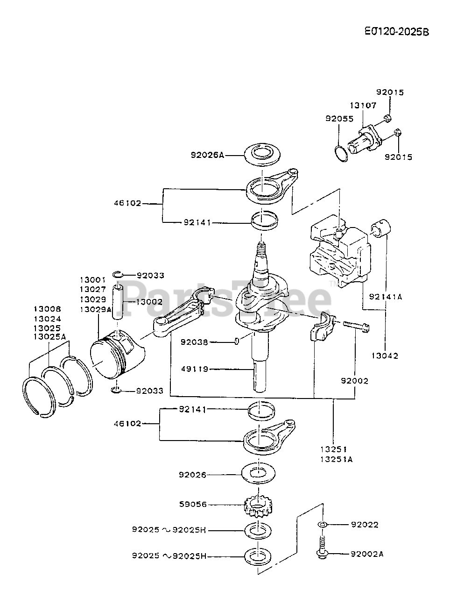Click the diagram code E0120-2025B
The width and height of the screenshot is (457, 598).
(397, 32)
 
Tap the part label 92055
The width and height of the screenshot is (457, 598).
(339, 119)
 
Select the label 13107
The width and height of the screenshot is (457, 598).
(363, 105)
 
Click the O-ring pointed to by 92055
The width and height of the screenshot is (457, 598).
(341, 154)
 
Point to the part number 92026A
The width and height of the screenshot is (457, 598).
(207, 155)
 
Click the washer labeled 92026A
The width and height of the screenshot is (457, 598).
(262, 155)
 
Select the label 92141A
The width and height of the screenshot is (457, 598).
(386, 297)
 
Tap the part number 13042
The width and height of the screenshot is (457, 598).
(385, 356)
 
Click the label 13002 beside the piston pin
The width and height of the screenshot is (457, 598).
(149, 302)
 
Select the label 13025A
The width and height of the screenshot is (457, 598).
(50, 337)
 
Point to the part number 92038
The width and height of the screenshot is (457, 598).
(194, 342)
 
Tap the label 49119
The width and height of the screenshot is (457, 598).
(195, 369)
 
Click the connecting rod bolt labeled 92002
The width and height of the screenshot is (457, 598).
(356, 326)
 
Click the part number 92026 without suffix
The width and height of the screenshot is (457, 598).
(192, 475)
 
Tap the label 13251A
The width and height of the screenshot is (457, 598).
(336, 459)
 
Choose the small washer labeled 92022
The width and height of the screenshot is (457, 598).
(322, 525)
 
